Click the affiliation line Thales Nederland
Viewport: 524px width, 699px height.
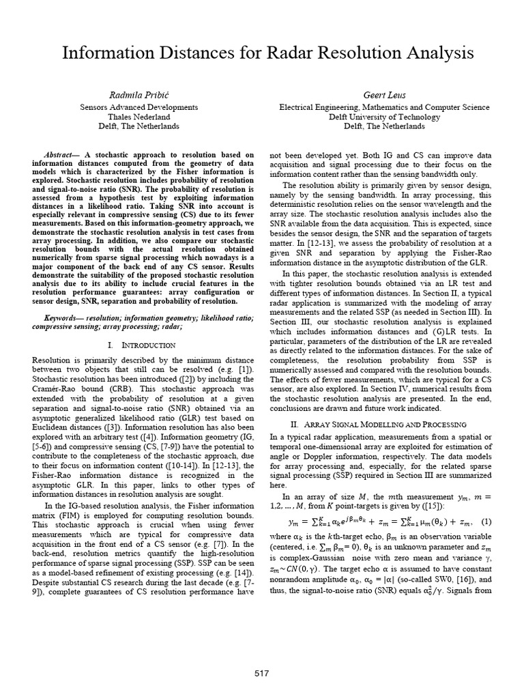[139, 117]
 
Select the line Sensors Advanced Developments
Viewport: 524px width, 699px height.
[139, 107]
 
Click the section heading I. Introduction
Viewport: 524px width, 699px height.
[141, 345]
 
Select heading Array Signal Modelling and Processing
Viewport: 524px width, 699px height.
[388, 425]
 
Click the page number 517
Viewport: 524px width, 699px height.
[261, 673]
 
